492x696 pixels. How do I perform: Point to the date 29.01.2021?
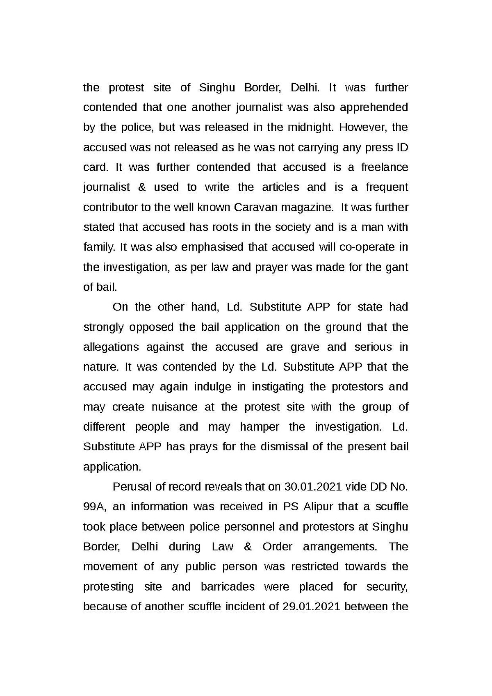coord(312,607)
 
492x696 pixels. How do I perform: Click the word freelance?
coord(385,167)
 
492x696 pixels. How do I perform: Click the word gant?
coord(397,267)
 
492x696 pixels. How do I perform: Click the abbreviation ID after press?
coord(402,147)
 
